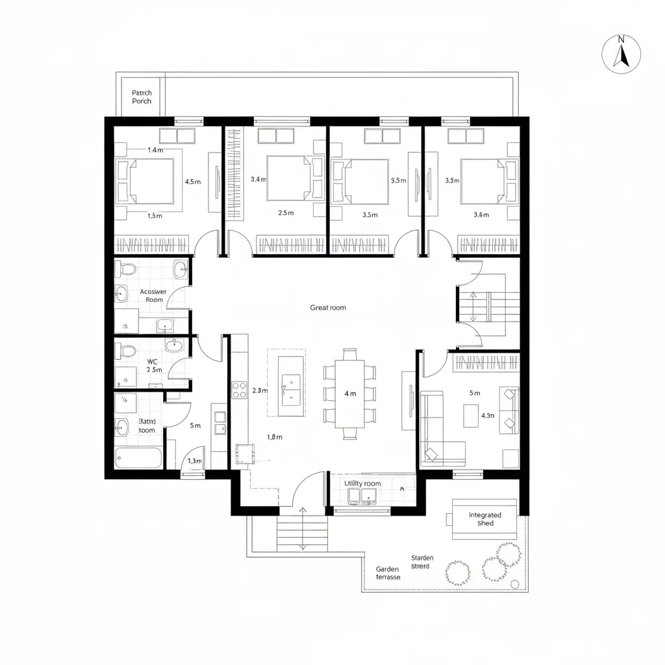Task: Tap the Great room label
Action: [x=328, y=308]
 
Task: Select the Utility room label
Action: [x=363, y=484]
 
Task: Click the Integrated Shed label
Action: [x=485, y=519]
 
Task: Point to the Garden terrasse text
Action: [x=388, y=573]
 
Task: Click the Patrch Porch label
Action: [x=142, y=97]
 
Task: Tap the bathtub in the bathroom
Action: [x=139, y=457]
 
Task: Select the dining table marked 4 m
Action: [x=350, y=393]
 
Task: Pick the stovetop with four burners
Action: [x=239, y=390]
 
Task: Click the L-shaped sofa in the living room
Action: [x=442, y=429]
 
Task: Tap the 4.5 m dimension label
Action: [x=193, y=182]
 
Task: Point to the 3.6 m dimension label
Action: [x=481, y=215]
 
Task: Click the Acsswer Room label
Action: [x=153, y=295]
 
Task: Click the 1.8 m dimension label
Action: [x=275, y=437]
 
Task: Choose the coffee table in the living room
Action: [x=471, y=416]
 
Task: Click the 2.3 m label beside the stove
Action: [x=259, y=391]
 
